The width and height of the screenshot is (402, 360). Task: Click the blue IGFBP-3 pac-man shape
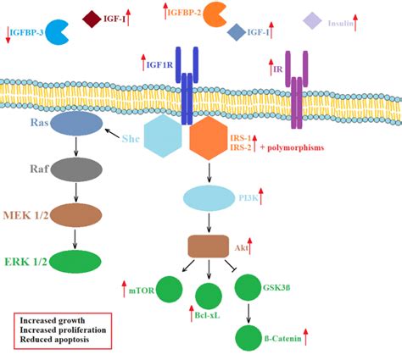[x=55, y=31]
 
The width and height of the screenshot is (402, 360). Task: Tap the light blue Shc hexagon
[x=165, y=136]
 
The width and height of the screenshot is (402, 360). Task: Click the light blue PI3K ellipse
[x=206, y=199]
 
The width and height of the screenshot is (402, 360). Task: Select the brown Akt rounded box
[x=207, y=246]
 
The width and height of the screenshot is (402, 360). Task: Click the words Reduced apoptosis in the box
[x=56, y=339]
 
